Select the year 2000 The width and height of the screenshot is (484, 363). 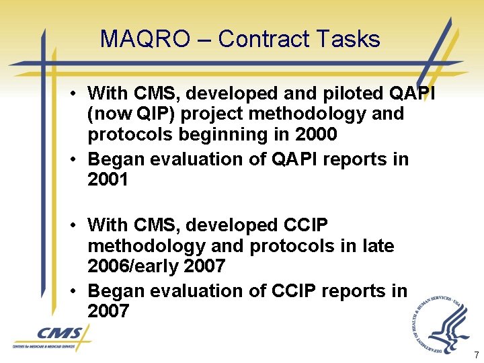[316, 134]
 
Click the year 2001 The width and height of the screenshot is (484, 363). [108, 180]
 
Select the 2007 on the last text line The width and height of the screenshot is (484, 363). [108, 312]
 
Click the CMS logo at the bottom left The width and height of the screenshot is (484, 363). [52, 336]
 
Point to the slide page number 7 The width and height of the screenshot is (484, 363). [476, 354]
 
